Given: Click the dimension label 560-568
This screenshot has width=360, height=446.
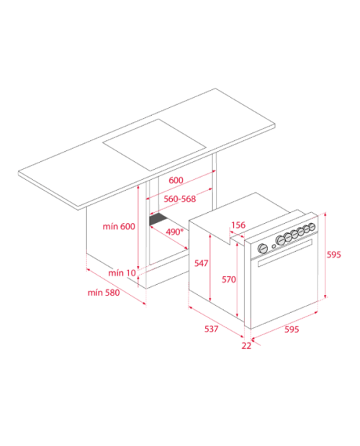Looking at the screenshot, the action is click(x=179, y=199).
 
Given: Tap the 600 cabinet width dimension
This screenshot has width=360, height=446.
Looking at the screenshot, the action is click(x=176, y=180).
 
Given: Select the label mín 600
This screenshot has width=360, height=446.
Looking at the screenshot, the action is click(x=119, y=227).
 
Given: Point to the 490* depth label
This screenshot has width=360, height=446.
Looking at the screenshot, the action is click(x=174, y=232).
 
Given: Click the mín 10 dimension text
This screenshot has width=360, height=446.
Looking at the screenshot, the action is click(x=122, y=273).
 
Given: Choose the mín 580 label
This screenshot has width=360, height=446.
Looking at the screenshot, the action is click(x=104, y=292).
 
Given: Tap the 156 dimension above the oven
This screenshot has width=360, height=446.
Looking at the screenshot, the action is click(x=238, y=225).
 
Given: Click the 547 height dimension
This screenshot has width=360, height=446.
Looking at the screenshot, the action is click(x=201, y=263).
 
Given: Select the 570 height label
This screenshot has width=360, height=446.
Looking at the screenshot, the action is click(x=229, y=279).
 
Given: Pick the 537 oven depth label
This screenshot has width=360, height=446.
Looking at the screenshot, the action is click(x=211, y=329).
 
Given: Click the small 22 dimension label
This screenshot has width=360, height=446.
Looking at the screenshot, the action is click(x=246, y=345).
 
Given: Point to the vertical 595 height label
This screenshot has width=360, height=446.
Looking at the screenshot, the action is click(x=333, y=254).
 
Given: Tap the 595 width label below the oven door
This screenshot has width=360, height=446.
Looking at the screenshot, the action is click(x=292, y=329).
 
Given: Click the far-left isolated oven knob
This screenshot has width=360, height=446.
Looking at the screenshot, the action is click(x=262, y=248).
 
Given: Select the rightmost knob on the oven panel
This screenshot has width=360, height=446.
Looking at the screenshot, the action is click(x=312, y=227).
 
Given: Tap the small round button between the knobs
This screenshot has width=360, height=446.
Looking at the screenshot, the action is click(x=274, y=246).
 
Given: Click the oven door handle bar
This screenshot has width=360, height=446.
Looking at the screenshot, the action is click(x=285, y=253).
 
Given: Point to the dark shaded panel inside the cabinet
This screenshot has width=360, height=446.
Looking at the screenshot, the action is click(x=158, y=219).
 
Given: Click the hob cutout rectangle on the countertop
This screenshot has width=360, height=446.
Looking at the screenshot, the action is click(x=154, y=145).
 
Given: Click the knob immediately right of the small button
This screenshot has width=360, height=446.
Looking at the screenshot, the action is click(x=281, y=240).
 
